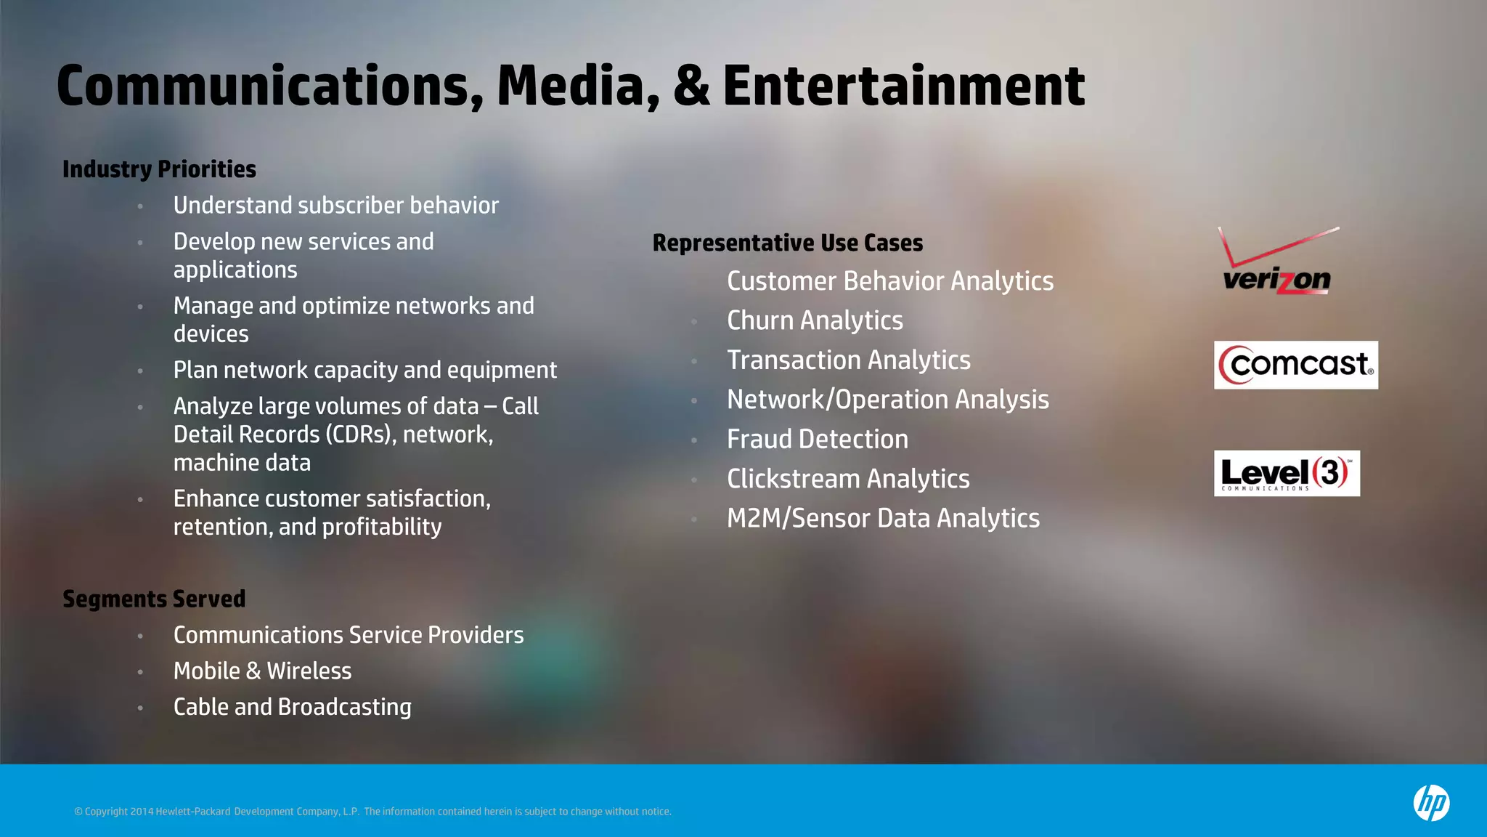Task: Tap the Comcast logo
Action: [x=1295, y=365]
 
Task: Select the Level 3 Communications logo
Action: [x=1286, y=473]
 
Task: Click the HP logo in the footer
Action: [x=1430, y=803]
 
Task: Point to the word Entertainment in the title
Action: [x=903, y=86]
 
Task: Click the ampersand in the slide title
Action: [x=691, y=86]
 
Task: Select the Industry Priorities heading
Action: [x=159, y=169]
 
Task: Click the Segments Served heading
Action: [x=154, y=599]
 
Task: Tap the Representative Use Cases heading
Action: [x=788, y=243]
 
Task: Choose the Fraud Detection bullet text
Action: [x=818, y=439]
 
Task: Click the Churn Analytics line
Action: [x=815, y=320]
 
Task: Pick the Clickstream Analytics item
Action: [x=848, y=479]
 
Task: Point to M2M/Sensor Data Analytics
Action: [x=883, y=518]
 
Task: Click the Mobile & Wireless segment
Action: [x=262, y=671]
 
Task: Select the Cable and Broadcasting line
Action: [x=292, y=707]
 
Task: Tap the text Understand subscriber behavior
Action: [x=335, y=206]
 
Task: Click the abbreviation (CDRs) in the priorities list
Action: [x=360, y=434]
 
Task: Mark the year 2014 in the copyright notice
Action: [x=142, y=812]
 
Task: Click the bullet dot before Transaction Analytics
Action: [x=694, y=361]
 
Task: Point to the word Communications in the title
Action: [x=269, y=86]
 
